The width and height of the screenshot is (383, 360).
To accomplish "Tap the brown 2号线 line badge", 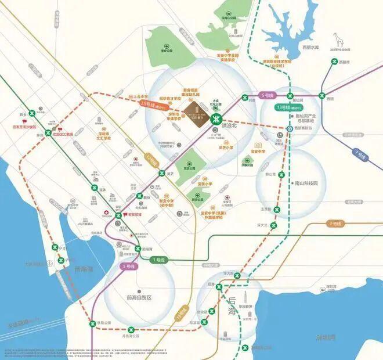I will [337, 224].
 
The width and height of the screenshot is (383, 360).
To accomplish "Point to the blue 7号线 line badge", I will [360, 156].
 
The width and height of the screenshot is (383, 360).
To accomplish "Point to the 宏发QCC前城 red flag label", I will [62, 132].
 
